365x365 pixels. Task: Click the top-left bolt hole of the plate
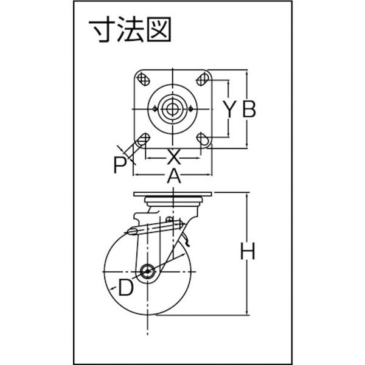point(145,78)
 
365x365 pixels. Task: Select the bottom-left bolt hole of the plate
point(145,138)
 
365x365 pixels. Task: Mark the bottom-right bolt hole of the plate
point(204,139)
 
